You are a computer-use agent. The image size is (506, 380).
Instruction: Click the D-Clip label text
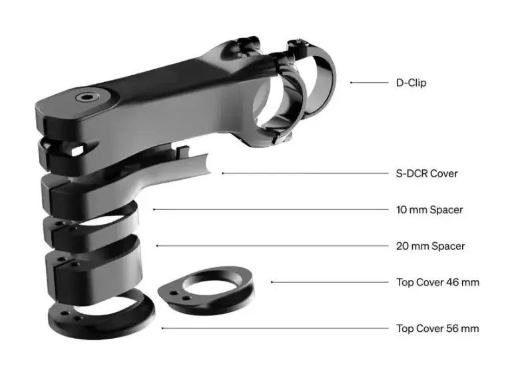pos(411,83)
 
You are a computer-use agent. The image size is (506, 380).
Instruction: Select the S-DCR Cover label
pos(427,173)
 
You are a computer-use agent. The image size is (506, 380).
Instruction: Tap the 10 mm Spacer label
pos(429,210)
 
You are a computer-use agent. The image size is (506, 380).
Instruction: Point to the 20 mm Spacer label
pos(431,246)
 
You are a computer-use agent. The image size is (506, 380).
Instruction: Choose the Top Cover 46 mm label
pos(437,282)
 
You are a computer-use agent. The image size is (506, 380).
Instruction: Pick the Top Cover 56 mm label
pos(437,328)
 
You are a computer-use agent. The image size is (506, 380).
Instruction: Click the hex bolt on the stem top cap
pos(86,97)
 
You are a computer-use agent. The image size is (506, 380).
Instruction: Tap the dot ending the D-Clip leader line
pos(351,83)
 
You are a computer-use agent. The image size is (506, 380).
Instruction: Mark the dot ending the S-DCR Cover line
pos(222,173)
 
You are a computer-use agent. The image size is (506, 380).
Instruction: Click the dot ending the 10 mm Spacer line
pos(154,210)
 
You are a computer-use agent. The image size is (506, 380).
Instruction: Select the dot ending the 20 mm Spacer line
pos(157,246)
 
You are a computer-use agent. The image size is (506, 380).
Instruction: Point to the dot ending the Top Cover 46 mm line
pos(272,282)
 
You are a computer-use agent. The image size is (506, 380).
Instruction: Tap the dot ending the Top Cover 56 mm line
pos(162,328)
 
